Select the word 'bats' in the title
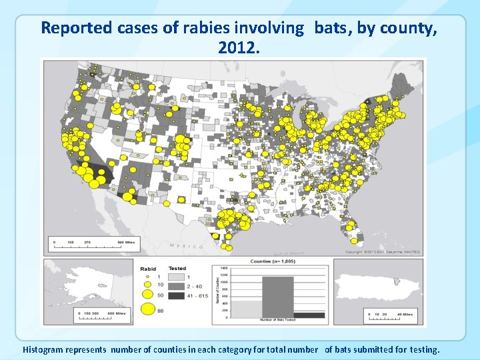click(x=326, y=28)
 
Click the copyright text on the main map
click(x=382, y=252)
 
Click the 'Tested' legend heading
click(x=177, y=269)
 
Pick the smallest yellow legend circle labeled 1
click(x=149, y=276)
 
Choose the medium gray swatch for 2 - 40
click(x=177, y=285)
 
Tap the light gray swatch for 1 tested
click(x=177, y=277)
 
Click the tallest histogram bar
click(x=277, y=297)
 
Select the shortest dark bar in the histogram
click(x=309, y=315)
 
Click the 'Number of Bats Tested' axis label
click(x=277, y=321)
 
